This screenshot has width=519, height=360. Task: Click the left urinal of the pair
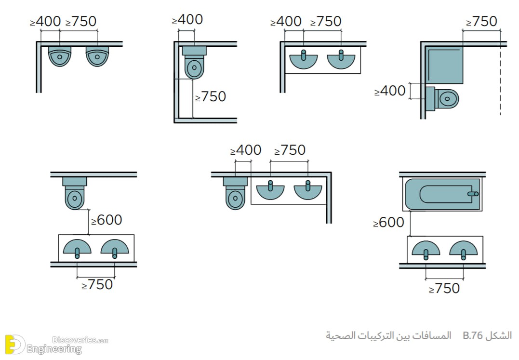tap(60, 56)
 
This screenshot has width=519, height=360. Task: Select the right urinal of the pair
tap(97, 56)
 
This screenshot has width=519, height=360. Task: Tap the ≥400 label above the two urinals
tap(45, 22)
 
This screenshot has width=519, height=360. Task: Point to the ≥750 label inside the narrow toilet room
tap(211, 96)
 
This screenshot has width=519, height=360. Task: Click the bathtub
tap(442, 195)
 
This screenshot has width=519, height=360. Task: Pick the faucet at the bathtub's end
tap(473, 194)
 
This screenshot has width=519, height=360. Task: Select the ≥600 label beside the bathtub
tap(388, 222)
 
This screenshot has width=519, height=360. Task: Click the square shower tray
tap(444, 65)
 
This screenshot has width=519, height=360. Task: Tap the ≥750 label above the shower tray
tap(481, 22)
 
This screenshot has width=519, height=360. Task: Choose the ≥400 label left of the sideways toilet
tap(390, 91)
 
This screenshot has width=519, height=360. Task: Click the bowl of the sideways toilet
tap(447, 99)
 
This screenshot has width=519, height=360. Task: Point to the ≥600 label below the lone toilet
tap(106, 220)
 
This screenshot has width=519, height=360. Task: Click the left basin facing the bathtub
tap(426, 249)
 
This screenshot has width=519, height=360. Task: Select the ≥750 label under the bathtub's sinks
tap(444, 289)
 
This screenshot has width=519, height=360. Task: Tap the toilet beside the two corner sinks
tap(235, 194)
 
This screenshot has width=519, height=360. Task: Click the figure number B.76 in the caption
tap(473, 335)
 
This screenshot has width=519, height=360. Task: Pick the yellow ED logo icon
tap(15, 345)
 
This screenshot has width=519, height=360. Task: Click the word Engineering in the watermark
tap(54, 349)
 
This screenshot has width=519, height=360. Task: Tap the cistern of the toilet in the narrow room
tap(194, 51)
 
